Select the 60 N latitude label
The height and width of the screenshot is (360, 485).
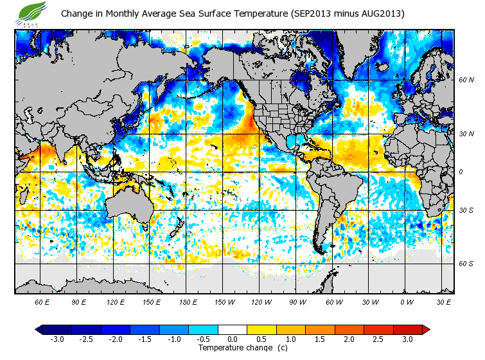click(x=466, y=80)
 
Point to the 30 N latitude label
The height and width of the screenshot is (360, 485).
click(x=466, y=134)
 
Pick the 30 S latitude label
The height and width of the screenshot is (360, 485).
click(x=466, y=210)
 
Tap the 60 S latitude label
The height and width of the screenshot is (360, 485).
click(x=466, y=264)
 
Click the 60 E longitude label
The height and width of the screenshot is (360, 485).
click(x=42, y=301)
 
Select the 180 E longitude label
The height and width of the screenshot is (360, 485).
click(x=188, y=301)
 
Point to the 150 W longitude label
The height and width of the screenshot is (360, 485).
click(x=224, y=301)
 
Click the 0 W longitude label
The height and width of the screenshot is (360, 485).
click(x=407, y=301)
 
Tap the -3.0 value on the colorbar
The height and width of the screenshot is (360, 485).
click(x=57, y=339)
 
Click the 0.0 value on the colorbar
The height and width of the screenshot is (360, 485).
click(x=232, y=339)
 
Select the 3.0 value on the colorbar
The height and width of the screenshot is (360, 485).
click(x=407, y=339)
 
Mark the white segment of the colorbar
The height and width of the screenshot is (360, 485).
click(x=232, y=329)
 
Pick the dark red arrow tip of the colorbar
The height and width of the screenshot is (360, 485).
click(x=426, y=329)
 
